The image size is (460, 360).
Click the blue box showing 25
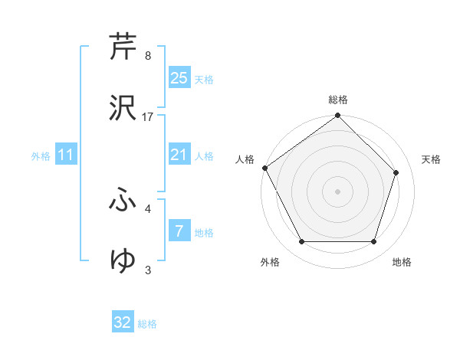click(x=179, y=78)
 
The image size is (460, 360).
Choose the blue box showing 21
click(x=179, y=155)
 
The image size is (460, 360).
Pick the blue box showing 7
click(x=179, y=231)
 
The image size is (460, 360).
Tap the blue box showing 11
click(x=66, y=155)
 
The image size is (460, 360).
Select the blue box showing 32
click(x=123, y=322)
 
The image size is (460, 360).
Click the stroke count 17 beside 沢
click(x=148, y=117)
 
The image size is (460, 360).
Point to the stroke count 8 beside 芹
click(x=147, y=56)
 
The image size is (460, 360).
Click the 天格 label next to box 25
click(x=204, y=80)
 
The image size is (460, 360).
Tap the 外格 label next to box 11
click(x=41, y=156)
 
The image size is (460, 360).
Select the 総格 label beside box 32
click(x=147, y=324)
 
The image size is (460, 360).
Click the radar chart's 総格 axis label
click(x=338, y=100)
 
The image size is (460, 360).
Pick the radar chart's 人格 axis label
click(x=245, y=159)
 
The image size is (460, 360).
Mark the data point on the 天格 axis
click(x=396, y=172)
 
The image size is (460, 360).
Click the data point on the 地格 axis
click(x=373, y=242)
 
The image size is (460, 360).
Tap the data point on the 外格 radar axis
click(x=301, y=242)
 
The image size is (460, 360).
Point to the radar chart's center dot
click(x=337, y=191)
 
